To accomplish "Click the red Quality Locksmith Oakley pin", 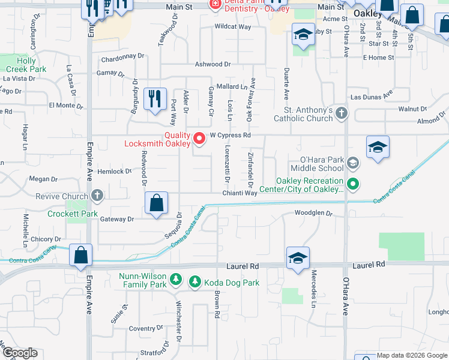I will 199,139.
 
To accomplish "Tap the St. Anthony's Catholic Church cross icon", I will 341,113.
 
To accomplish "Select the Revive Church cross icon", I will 97,196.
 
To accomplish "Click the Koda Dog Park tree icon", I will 194,281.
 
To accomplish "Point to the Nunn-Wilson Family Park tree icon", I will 175,278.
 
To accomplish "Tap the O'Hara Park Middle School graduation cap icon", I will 353,162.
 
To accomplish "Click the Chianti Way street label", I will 240,193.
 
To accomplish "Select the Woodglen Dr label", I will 313,213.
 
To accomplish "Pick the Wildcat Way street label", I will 233,27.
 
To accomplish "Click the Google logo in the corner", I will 19,353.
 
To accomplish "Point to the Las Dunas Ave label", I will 371,96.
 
